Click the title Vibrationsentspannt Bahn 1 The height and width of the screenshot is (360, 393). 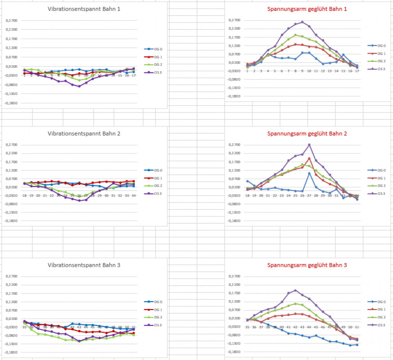coord(84,9)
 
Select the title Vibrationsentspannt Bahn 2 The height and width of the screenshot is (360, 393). coord(84,134)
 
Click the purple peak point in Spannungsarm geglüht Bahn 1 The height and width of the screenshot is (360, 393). coord(302,22)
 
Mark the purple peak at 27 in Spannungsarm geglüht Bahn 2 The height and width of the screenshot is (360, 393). coord(309,144)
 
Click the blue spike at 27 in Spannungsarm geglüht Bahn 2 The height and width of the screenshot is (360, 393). coord(309,173)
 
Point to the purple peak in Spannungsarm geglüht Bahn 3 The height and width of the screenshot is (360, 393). coord(295,290)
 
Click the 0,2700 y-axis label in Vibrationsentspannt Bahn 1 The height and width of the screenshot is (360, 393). coord(12,21)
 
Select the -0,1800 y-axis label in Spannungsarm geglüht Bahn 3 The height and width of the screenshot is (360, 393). coord(235,352)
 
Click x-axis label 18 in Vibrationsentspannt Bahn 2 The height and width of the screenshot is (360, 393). coord(24,196)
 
